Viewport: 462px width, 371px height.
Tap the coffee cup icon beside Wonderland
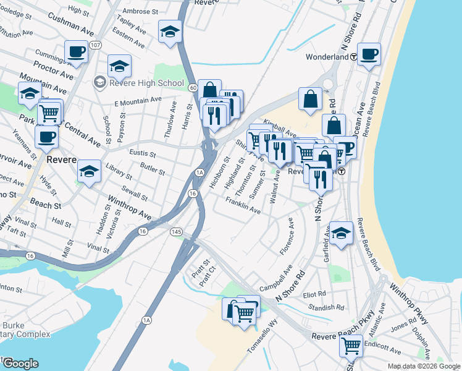tap(369, 54)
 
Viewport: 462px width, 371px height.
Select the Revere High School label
tap(146, 83)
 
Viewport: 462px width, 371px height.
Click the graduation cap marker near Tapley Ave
tap(170, 32)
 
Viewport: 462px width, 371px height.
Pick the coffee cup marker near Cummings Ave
tap(76, 52)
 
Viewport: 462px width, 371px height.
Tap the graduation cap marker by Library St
tap(90, 171)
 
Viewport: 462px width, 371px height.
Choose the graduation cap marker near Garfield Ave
tap(341, 233)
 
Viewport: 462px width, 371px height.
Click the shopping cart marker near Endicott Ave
tap(351, 348)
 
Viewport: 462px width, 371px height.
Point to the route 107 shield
tap(95, 45)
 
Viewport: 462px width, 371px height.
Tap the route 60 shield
tap(193, 88)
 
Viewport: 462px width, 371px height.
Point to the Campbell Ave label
tap(275, 279)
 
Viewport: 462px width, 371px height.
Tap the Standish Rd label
tap(326, 307)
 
